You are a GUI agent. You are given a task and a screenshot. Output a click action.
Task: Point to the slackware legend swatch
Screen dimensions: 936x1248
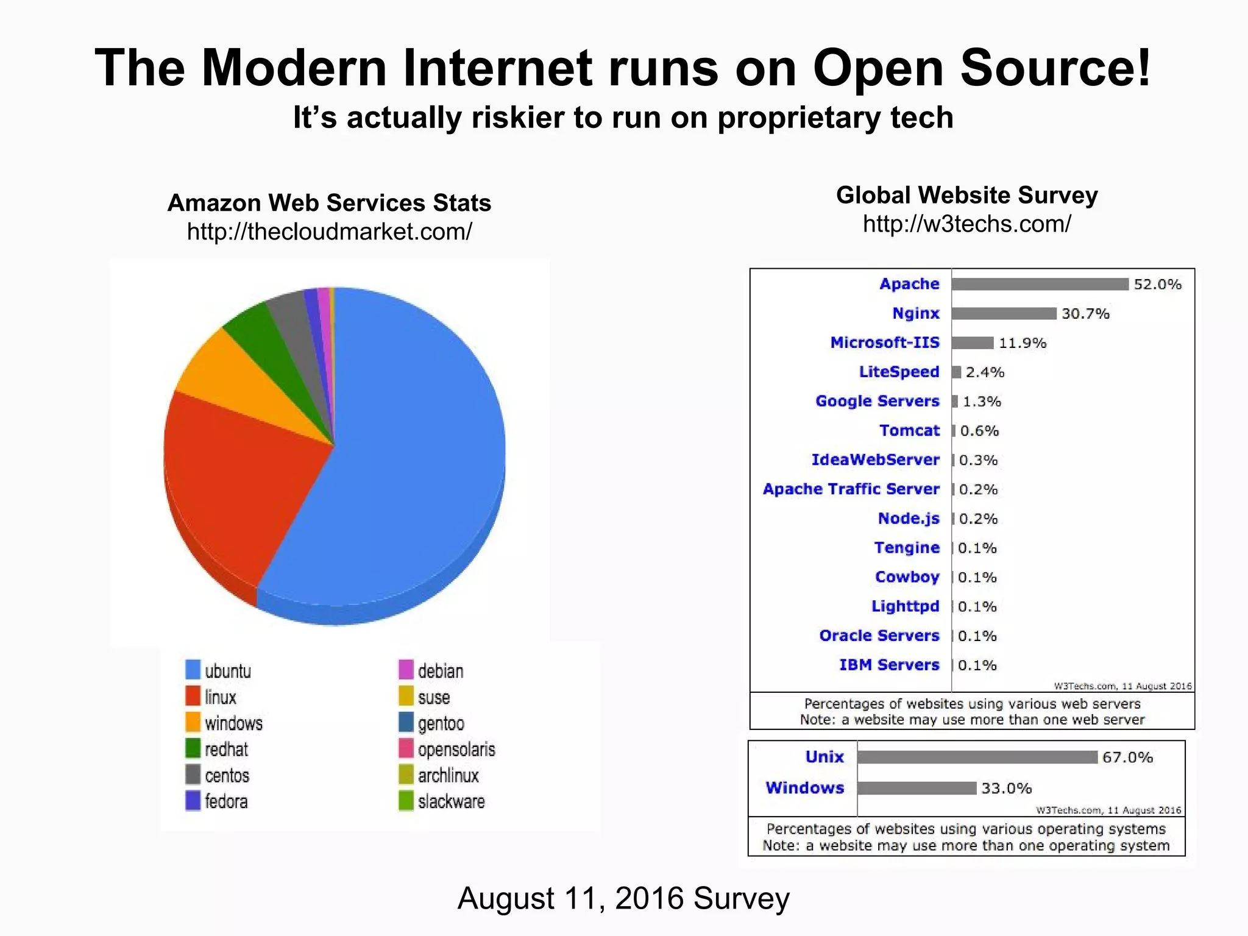[406, 801]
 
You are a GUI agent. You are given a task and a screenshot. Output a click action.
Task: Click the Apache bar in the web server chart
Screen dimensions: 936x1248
[1040, 284]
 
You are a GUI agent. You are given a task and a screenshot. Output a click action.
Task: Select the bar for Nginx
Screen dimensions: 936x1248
[1004, 313]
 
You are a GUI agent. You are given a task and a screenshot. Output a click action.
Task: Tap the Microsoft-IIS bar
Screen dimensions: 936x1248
[973, 342]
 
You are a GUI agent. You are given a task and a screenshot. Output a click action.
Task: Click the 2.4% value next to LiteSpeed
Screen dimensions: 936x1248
[985, 372]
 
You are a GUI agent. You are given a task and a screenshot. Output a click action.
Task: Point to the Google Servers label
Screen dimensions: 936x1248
[877, 401]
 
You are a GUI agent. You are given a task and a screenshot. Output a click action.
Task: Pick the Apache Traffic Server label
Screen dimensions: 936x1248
[851, 489]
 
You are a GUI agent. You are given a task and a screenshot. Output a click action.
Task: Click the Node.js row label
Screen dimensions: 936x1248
[908, 519]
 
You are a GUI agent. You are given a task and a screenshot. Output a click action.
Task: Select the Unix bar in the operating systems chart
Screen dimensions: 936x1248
[977, 757]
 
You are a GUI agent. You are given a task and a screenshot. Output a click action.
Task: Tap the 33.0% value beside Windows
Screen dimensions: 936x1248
[1006, 789]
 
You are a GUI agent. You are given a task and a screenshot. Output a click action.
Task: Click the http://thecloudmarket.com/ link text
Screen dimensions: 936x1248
[329, 232]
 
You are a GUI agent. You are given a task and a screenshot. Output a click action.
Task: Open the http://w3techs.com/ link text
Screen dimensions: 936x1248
[966, 224]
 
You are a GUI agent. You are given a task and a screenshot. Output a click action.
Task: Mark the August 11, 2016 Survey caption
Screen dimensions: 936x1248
[623, 898]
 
